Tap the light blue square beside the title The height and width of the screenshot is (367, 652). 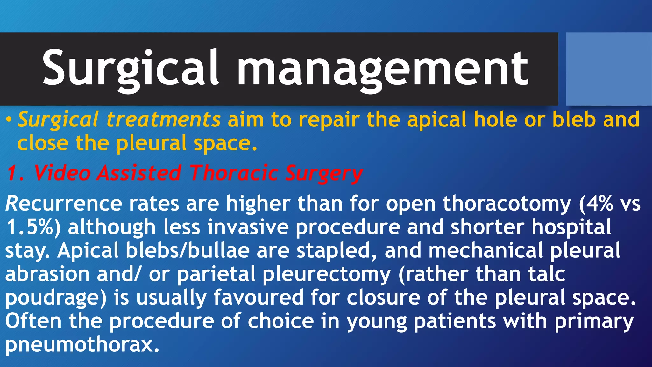(608, 69)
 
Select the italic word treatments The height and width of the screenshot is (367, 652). (163, 119)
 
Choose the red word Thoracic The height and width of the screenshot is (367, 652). (234, 174)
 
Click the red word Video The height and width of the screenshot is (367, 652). (62, 174)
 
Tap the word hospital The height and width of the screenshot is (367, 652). (571, 227)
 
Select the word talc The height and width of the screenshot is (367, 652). (546, 274)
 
